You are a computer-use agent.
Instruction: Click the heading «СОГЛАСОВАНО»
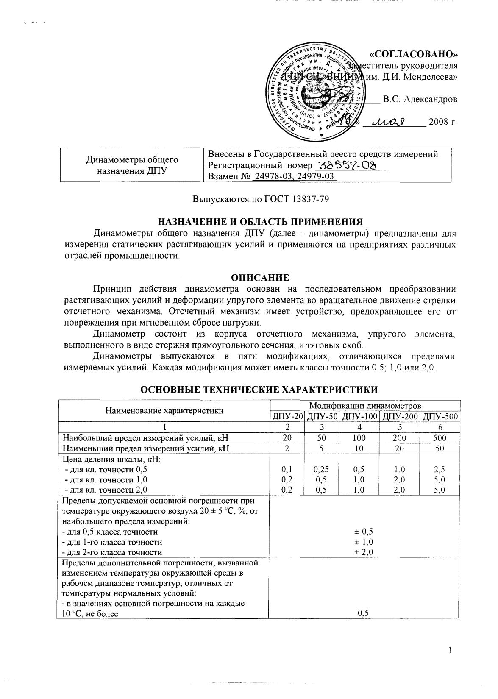(x=413, y=54)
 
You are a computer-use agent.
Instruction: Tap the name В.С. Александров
(x=420, y=100)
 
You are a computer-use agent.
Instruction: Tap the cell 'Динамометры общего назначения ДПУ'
(x=132, y=165)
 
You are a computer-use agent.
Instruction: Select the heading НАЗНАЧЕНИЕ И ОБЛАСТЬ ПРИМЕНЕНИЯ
(x=261, y=221)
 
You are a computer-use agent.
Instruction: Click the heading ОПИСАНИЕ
(x=260, y=278)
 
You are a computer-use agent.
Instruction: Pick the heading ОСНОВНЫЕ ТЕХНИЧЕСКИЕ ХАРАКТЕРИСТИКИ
(x=259, y=389)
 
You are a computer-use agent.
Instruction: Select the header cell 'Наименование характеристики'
(x=164, y=410)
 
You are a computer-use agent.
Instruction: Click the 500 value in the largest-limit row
(x=440, y=437)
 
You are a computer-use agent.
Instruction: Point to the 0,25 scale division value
(x=321, y=469)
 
